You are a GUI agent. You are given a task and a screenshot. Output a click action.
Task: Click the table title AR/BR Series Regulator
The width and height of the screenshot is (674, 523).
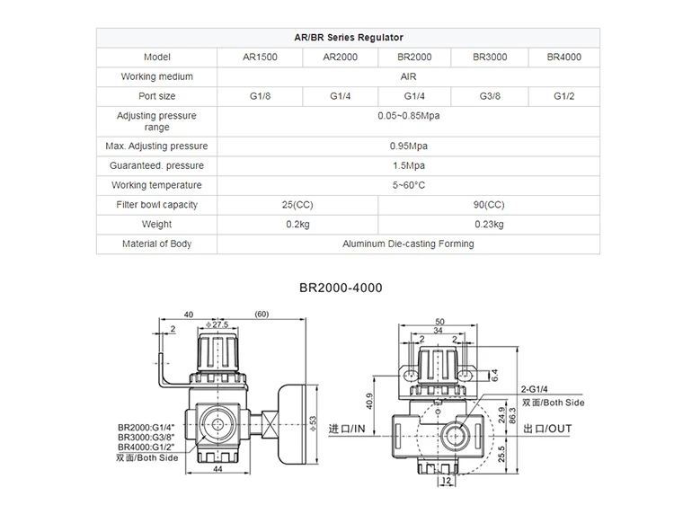click(x=349, y=38)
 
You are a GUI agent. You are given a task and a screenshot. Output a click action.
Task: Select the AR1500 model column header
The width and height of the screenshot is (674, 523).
click(x=261, y=58)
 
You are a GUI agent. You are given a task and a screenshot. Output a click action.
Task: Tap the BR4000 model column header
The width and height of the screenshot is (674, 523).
click(x=563, y=58)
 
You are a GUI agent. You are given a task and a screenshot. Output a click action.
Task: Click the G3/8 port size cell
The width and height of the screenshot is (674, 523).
click(x=490, y=96)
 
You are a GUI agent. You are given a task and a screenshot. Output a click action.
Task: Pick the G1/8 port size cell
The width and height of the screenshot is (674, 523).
click(x=261, y=96)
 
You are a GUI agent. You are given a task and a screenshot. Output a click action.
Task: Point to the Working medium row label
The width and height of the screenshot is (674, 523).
click(x=156, y=77)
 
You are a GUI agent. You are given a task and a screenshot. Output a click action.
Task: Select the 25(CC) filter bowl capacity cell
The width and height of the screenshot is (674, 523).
click(x=297, y=205)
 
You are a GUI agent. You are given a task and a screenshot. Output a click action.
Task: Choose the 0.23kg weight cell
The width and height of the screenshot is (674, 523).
click(x=489, y=225)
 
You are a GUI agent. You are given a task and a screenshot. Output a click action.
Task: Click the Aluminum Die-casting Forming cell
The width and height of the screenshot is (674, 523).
click(x=408, y=244)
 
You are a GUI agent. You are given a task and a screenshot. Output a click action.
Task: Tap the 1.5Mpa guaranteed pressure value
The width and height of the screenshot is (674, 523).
click(x=409, y=165)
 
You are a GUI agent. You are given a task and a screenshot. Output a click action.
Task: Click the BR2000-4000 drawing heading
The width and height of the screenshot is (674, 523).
click(x=341, y=288)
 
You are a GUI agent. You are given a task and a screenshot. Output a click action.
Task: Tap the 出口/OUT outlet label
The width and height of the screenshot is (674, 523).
click(x=548, y=429)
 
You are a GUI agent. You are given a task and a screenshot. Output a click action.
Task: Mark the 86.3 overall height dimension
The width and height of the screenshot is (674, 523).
click(x=513, y=416)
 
